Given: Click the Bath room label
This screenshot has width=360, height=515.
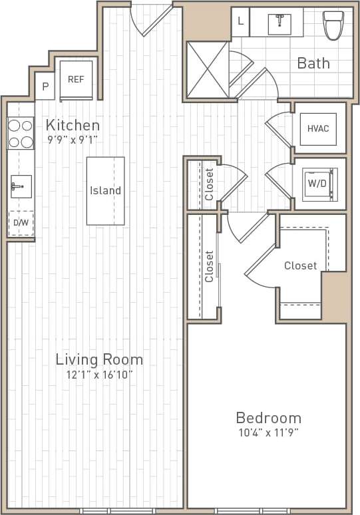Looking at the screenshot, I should click(x=313, y=63).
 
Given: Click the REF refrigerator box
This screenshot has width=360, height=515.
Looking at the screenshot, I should click(x=77, y=79).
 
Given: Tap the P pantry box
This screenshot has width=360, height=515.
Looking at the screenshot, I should click(x=45, y=86).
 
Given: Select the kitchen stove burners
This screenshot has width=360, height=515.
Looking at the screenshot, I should click(x=20, y=133).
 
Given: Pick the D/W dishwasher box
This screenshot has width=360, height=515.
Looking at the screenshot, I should click(x=21, y=223).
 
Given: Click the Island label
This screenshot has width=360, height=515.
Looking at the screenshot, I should click(x=105, y=190).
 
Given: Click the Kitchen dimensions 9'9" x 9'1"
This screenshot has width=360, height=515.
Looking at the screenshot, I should click(x=73, y=140).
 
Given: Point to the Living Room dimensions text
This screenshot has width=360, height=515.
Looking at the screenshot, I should click(x=99, y=375).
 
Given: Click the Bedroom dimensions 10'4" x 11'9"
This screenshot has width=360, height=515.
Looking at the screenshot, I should click(x=269, y=433).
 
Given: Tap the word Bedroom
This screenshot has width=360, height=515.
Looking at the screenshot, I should click(x=269, y=418).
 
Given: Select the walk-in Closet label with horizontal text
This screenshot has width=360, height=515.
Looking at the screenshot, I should click(x=300, y=265).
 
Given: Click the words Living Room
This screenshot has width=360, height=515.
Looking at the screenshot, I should click(x=99, y=359).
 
